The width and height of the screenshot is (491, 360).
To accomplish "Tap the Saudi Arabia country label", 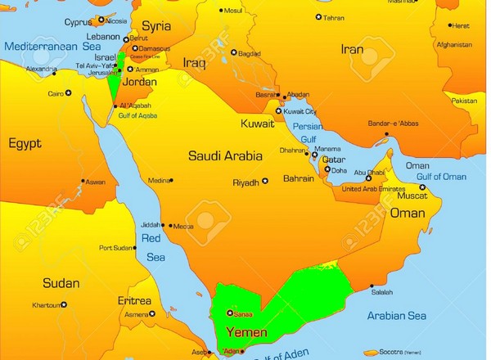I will pos(225,155).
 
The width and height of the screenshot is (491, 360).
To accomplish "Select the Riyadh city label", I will pos(245,182).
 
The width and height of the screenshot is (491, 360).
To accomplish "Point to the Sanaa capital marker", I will pos(229,313).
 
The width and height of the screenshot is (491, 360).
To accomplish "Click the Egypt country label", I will pos(25,144).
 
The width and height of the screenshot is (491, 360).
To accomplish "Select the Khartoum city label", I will pos(47,305).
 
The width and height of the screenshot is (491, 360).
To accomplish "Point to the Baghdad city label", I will pos(249,54).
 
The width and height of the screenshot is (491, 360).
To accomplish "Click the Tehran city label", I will pos(333,17).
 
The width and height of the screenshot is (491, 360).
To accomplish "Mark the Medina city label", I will pos(159,181).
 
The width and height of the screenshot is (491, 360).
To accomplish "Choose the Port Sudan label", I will pos(116,248).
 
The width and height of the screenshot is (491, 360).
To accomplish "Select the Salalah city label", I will pos(381,290).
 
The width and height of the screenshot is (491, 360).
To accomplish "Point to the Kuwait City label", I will pos(300,110).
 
